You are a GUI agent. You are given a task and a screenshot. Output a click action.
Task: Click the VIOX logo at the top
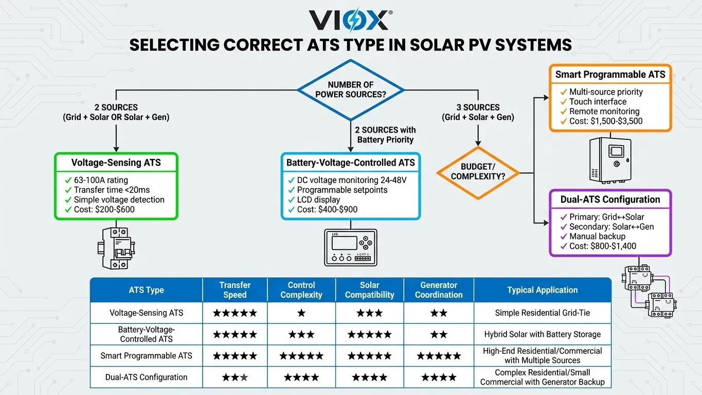[x=351, y=21]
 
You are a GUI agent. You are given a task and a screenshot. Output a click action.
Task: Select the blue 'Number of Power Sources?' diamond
[x=351, y=89]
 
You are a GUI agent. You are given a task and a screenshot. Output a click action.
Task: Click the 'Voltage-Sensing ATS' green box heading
[x=116, y=163]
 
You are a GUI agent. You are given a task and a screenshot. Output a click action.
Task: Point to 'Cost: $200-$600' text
[x=105, y=209]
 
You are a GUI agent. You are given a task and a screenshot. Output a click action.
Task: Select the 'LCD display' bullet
[x=318, y=200]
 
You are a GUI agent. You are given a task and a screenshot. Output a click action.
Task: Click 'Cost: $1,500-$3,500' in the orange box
[x=606, y=121]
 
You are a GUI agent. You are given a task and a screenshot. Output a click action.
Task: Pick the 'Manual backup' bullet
[x=597, y=237]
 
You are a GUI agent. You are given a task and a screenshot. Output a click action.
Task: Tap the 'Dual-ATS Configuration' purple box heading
[x=610, y=200]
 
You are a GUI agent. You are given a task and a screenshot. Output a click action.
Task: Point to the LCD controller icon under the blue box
[x=351, y=247]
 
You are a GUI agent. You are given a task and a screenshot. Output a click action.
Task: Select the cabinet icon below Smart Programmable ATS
[x=610, y=160]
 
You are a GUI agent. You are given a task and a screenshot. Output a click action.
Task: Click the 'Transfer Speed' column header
[x=235, y=290]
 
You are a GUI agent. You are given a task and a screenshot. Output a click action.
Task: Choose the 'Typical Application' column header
[x=542, y=290]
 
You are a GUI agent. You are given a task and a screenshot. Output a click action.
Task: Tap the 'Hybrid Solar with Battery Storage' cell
[x=542, y=334]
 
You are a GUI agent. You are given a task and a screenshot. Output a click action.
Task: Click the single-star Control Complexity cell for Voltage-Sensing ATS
[x=301, y=313]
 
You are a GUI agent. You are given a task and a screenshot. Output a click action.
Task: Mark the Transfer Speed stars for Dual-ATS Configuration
[x=235, y=378]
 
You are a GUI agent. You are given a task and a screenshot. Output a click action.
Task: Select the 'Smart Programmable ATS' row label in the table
[x=146, y=356]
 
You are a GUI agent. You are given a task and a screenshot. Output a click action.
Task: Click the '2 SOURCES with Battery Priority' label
[x=386, y=135]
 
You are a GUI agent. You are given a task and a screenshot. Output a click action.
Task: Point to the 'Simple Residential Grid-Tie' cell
[x=542, y=313]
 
